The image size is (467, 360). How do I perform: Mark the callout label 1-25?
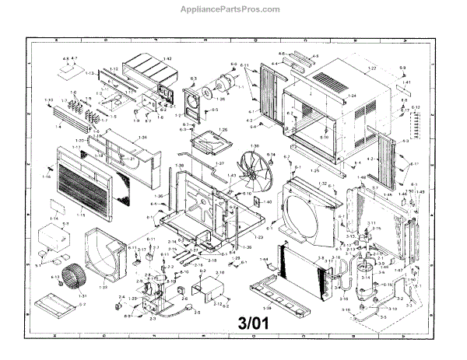pyautogui.click(x=314, y=169)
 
